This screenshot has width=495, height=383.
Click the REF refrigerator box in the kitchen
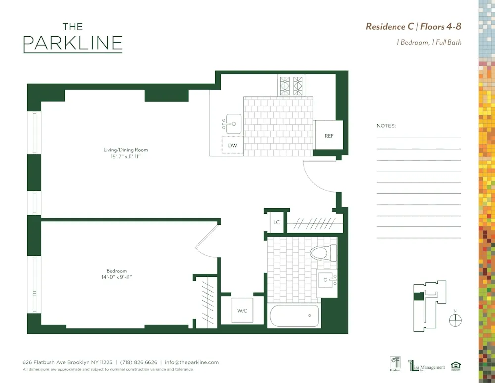click(329, 135)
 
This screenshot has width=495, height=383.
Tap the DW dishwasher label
click(232, 146)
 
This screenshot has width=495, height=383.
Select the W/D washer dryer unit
click(242, 311)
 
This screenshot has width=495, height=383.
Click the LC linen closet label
click(276, 222)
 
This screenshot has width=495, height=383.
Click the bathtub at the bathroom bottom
click(294, 316)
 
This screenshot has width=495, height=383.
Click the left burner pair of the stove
click(285, 86)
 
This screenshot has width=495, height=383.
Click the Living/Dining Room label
click(125, 150)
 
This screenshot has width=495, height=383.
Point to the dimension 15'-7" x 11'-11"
click(125, 157)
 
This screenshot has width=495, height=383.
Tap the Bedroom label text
click(117, 271)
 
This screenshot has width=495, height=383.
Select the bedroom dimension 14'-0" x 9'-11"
click(117, 277)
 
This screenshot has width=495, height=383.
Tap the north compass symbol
click(455, 320)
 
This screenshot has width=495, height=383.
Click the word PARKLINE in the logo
click(73, 43)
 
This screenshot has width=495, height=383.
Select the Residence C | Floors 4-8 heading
click(413, 27)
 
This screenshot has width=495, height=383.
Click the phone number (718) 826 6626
click(139, 362)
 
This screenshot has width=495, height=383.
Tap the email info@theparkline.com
click(192, 362)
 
